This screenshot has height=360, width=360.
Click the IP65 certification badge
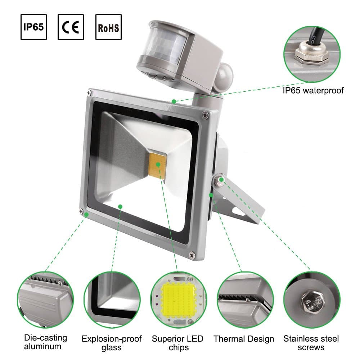click(x=33, y=27)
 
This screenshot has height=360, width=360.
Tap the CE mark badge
click(x=71, y=27)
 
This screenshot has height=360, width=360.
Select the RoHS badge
click(x=108, y=27)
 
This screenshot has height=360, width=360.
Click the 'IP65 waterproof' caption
click(x=313, y=90)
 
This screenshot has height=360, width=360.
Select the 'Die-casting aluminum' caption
click(x=45, y=342)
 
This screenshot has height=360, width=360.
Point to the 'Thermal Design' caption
click(x=244, y=339)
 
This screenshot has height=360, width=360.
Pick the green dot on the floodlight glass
click(x=120, y=206)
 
